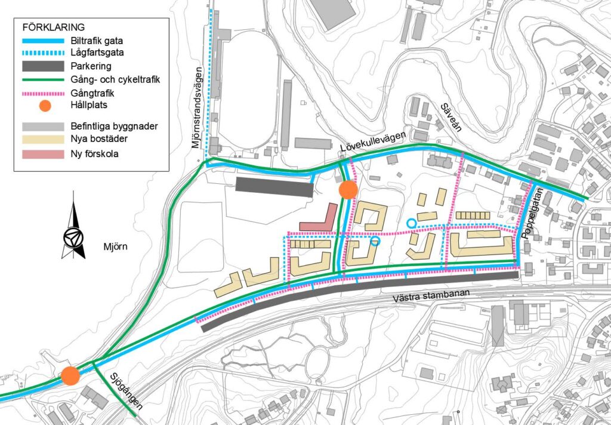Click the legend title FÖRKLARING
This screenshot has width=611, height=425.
[x=53, y=27]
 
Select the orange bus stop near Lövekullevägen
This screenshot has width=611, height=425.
[x=348, y=190]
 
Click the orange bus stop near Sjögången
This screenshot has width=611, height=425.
[x=70, y=376]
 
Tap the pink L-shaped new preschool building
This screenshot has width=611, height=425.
[x=319, y=221]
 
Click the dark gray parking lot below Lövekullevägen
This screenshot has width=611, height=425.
[x=274, y=186]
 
